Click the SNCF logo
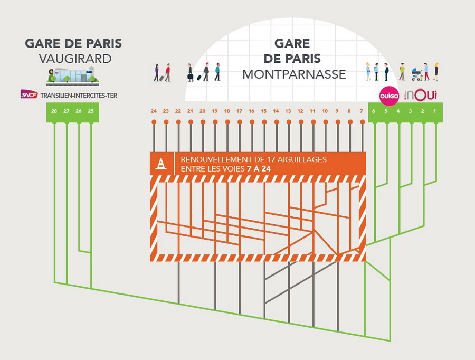point(29,94)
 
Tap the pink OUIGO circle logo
point(389,95)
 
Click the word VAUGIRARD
point(75,59)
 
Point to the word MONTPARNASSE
point(294,74)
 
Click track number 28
point(54,111)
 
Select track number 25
point(91,111)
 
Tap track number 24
point(154,111)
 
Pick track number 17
point(239,111)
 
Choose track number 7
point(362,111)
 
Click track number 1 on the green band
point(435,111)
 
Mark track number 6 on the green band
point(374,111)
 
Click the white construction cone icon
point(161,164)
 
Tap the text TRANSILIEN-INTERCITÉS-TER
point(79,96)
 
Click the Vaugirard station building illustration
point(73,76)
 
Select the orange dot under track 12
point(300,122)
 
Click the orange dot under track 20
point(203,122)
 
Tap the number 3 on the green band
point(411,111)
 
